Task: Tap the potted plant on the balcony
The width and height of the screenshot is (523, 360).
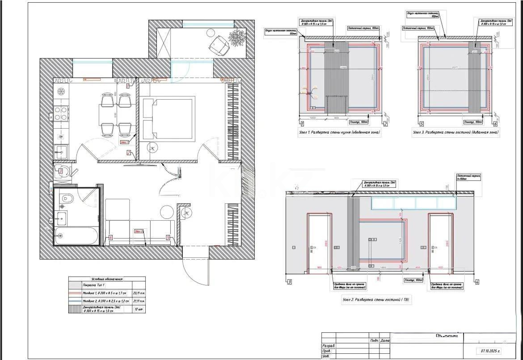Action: tap(236, 37)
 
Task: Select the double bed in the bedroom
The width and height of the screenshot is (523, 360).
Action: tap(168, 119)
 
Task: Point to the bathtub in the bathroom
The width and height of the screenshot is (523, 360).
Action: tap(76, 236)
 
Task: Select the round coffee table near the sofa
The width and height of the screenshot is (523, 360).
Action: tap(167, 212)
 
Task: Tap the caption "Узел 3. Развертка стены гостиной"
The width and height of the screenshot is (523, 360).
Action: tap(456, 132)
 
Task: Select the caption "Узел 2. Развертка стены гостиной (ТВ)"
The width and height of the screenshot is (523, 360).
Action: tap(375, 300)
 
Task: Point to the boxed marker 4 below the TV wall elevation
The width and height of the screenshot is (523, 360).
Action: tap(477, 282)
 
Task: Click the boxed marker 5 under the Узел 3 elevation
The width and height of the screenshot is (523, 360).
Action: tap(420, 124)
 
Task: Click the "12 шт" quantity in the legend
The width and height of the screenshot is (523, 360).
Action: tap(139, 309)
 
